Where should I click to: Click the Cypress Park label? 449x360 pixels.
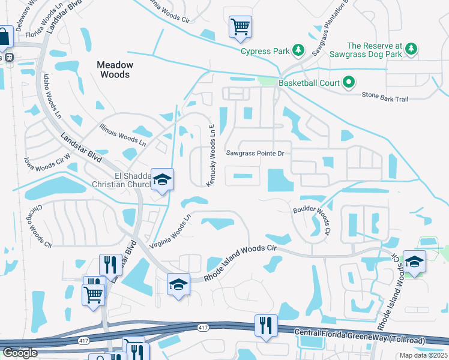pyautogui.click(x=264, y=51)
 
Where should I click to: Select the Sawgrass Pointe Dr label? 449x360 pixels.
pyautogui.click(x=255, y=154)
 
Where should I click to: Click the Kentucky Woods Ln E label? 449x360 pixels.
pyautogui.click(x=211, y=155)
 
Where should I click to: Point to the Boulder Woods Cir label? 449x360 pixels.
pyautogui.click(x=312, y=220)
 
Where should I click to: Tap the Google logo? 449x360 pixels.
pyautogui.click(x=20, y=353)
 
